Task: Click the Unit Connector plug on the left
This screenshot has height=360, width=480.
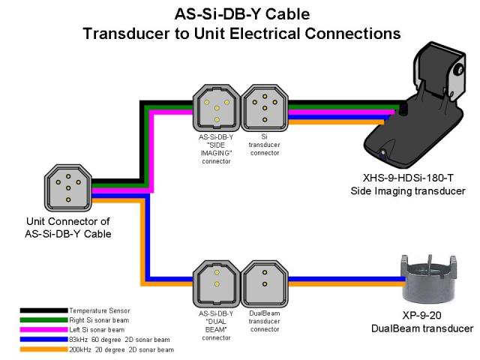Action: [x=68, y=187]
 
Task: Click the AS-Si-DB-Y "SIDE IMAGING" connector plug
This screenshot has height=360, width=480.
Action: [x=216, y=106]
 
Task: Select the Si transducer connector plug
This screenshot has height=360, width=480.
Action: [x=265, y=106]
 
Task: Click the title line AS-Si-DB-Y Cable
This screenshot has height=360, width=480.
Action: [x=241, y=15]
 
